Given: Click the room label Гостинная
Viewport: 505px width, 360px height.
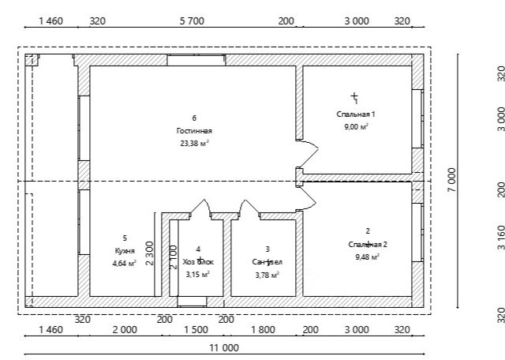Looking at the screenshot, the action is [194, 131].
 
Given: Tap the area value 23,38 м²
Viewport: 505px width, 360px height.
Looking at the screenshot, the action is [194, 144].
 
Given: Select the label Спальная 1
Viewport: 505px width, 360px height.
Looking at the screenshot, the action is [353, 114].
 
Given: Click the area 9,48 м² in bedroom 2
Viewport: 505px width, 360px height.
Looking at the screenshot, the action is [368, 257].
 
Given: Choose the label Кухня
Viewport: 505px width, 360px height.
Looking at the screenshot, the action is [124, 250].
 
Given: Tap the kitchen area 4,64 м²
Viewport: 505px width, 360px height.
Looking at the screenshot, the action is [124, 263].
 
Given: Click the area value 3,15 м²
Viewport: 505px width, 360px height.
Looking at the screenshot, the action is [197, 275].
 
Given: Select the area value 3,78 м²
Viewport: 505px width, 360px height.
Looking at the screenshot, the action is [267, 275].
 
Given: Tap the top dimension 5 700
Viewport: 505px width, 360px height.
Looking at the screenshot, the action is [192, 21].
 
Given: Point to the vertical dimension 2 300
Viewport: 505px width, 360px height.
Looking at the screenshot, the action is [150, 254].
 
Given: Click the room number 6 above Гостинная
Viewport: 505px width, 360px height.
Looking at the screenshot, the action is [194, 118].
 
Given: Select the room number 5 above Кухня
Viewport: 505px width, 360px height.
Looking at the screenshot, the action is [124, 238].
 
